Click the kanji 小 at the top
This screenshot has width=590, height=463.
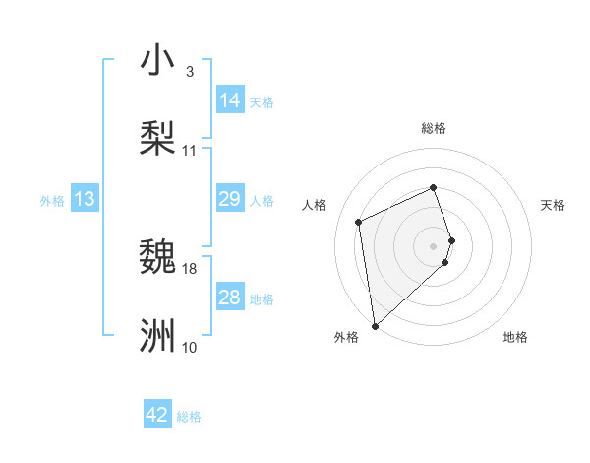tap(157, 60)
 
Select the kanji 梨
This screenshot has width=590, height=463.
tap(157, 137)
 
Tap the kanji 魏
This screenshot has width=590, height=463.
tap(157, 257)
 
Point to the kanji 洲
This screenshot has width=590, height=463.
tap(157, 335)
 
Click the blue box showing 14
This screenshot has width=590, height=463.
tap(229, 100)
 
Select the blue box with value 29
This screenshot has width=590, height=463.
tap(229, 200)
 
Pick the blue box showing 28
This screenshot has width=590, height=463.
tap(229, 298)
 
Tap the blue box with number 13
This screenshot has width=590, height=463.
tap(85, 200)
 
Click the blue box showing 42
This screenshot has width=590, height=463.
tap(157, 415)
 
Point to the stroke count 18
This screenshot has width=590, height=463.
tap(190, 268)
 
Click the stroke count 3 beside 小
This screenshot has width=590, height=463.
tap(190, 72)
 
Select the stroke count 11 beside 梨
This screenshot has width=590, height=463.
tap(190, 150)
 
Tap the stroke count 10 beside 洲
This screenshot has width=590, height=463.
tap(190, 347)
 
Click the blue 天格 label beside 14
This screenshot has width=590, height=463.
tap(262, 102)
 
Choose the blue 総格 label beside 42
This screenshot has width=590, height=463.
tap(189, 417)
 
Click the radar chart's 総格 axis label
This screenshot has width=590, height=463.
tap(434, 128)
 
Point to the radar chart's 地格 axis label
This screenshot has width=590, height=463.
tap(515, 337)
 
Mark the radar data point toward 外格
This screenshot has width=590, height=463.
tap(375, 325)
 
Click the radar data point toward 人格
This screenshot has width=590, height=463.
tap(359, 222)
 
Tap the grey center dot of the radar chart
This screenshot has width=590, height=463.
tap(434, 245)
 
